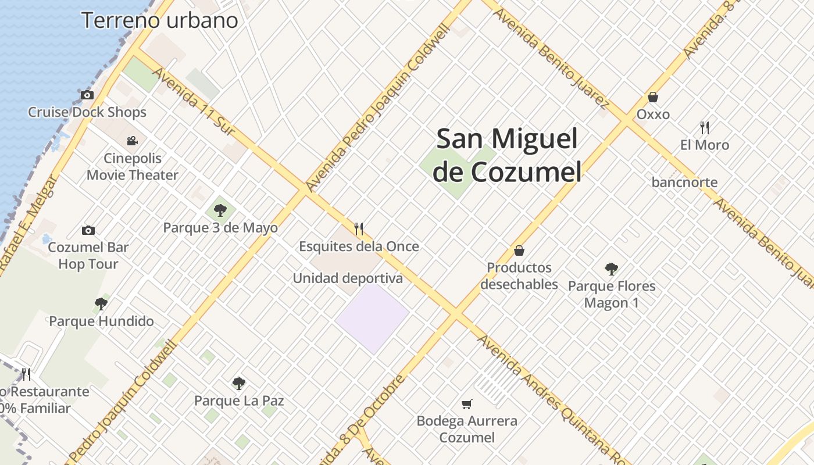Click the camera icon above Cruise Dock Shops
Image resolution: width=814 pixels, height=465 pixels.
[87, 95]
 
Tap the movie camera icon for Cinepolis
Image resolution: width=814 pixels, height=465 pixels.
[133, 141]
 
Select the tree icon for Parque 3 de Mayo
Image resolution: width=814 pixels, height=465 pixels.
[220, 210]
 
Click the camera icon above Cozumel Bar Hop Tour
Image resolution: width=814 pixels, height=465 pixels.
[88, 230]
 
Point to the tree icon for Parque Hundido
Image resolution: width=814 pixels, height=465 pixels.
[101, 303]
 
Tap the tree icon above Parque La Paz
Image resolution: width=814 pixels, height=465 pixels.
[238, 383]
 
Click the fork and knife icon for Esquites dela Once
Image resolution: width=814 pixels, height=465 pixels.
[359, 228]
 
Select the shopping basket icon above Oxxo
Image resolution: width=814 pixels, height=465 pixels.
[653, 97]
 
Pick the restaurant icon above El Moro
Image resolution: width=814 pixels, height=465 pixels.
[705, 127]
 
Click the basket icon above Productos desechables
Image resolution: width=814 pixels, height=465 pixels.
[519, 251]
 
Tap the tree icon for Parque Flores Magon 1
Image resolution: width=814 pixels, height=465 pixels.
[611, 269]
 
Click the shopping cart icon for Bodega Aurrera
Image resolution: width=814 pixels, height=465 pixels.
[466, 403]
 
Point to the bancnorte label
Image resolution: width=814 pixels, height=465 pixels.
[684, 183]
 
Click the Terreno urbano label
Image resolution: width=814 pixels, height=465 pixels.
[160, 20]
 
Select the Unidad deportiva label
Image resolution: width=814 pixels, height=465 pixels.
[348, 278]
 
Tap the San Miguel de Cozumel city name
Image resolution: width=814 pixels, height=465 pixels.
[508, 155]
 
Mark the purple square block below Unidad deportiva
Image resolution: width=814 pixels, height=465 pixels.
[372, 317]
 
